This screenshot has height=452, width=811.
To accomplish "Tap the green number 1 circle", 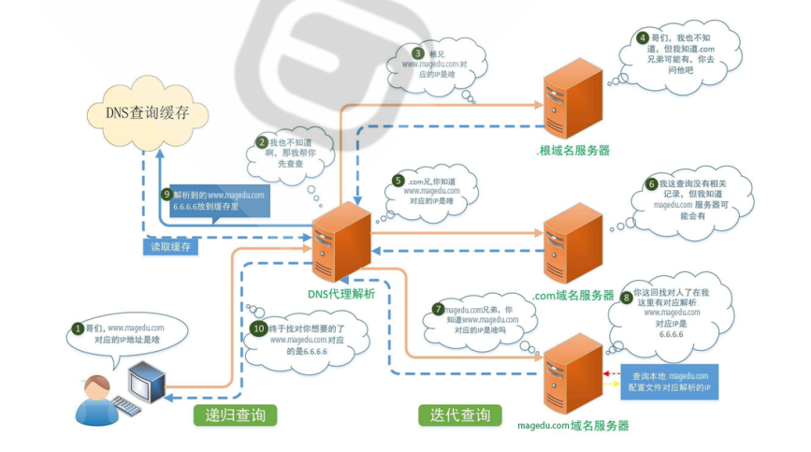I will (78, 328).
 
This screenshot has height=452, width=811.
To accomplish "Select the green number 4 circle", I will (643, 38).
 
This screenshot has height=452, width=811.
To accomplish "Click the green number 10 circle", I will (259, 328).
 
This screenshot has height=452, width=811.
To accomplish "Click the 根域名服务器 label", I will (572, 150).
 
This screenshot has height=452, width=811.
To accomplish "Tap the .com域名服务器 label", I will (574, 295).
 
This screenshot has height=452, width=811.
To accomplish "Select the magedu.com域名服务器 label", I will (572, 425).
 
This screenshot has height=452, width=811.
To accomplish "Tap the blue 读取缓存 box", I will (172, 247).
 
